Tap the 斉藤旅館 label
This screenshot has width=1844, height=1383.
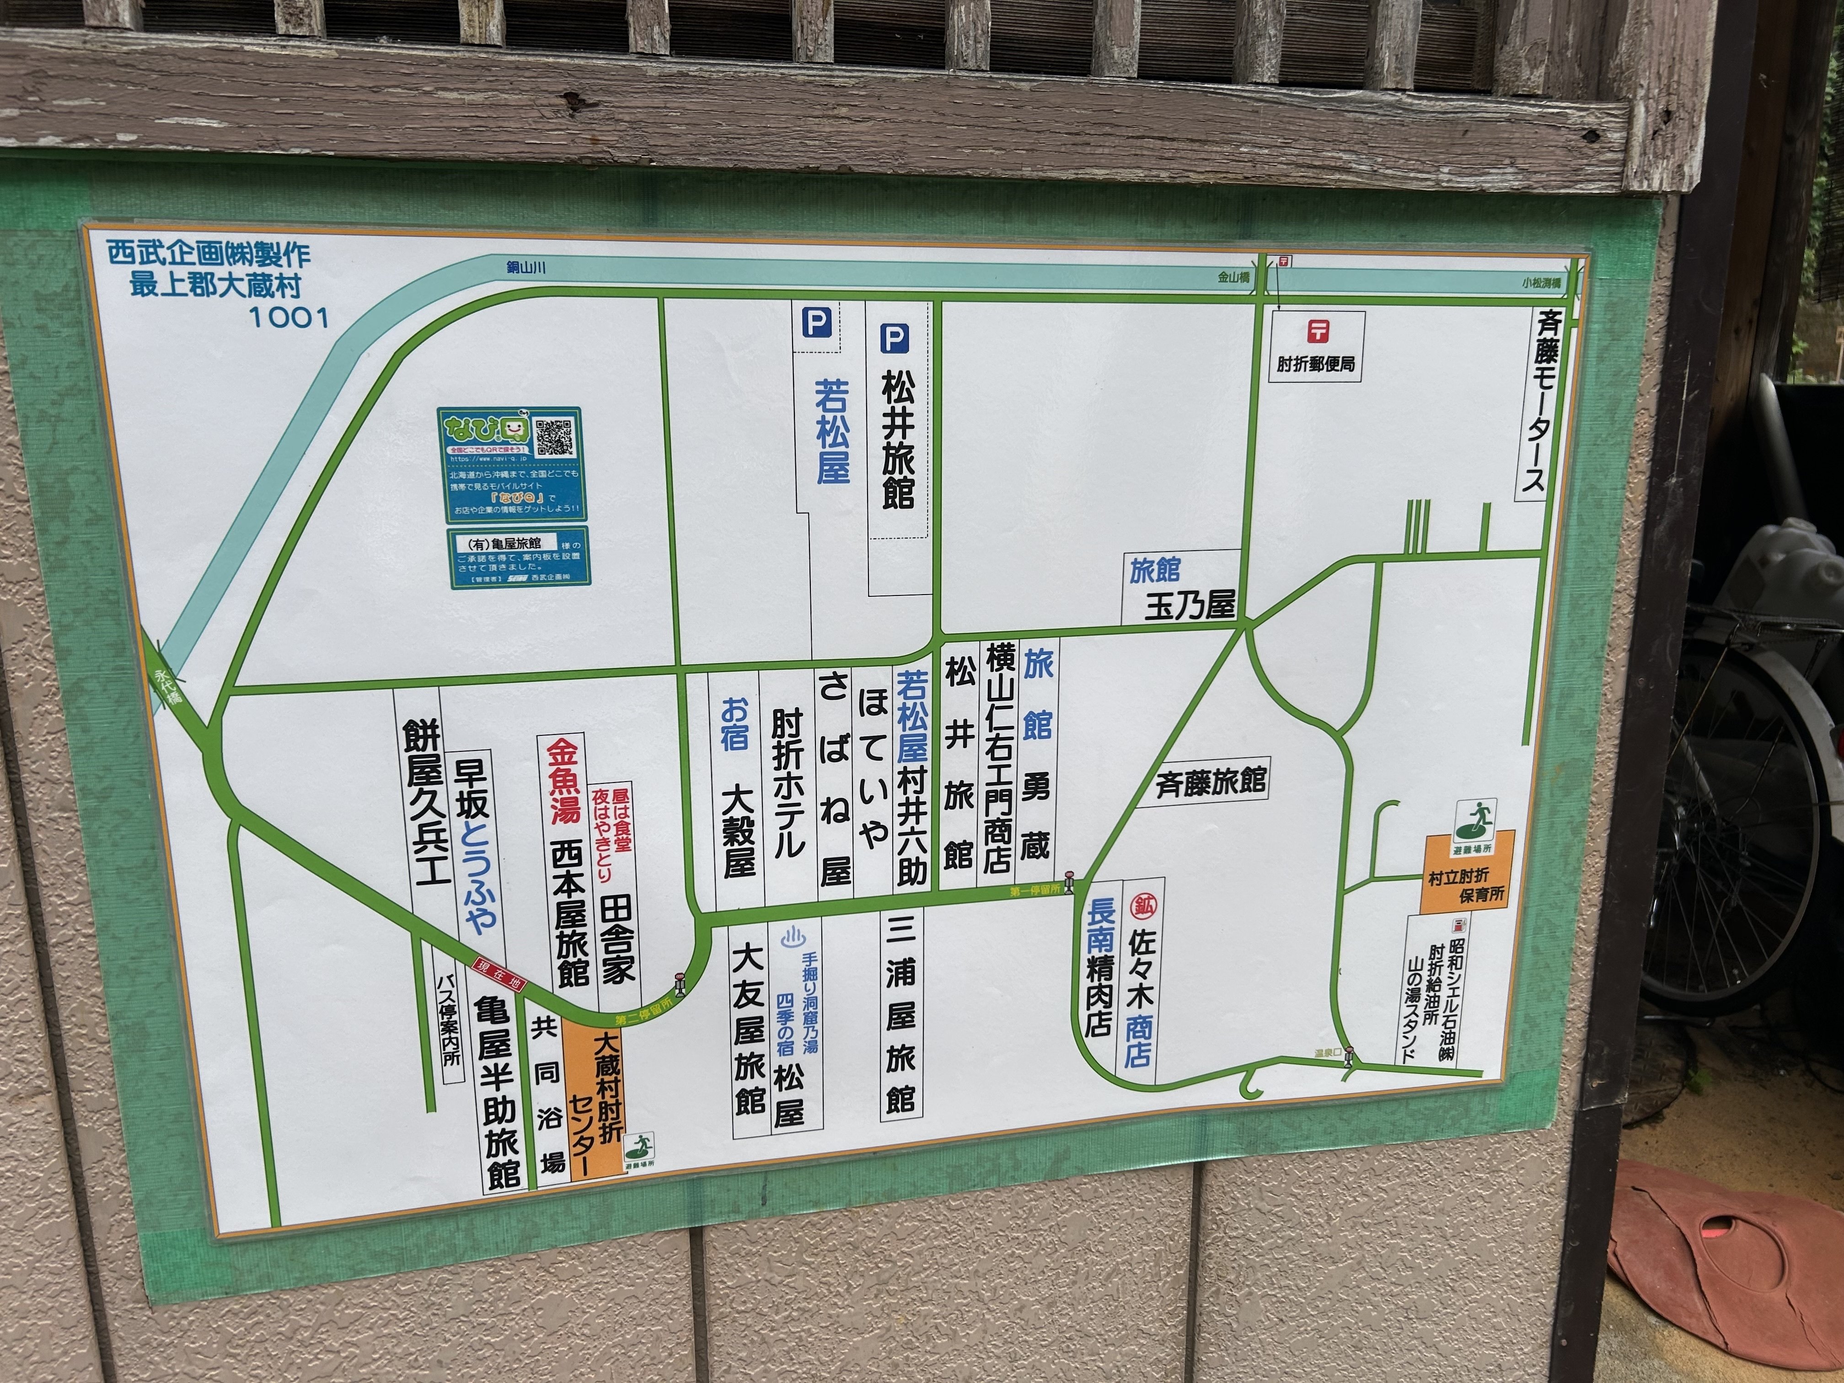1211,782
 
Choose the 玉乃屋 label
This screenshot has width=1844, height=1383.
1190,606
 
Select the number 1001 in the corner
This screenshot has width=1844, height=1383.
289,317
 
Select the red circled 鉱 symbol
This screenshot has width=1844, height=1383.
1142,906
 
